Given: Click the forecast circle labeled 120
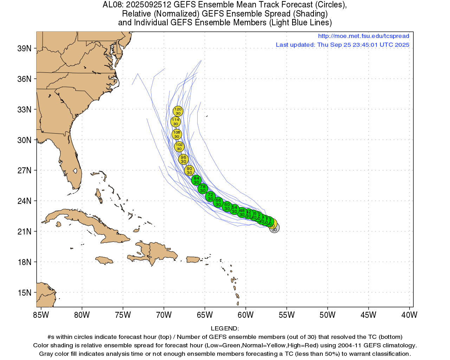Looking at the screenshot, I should click(178, 111).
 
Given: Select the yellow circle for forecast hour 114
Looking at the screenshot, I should click(175, 122).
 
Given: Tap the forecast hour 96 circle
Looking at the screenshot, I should click(183, 159).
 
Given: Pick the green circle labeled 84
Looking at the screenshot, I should click(197, 180).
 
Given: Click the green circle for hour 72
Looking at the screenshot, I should click(210, 197).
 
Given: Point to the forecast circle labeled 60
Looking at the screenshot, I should click(227, 206).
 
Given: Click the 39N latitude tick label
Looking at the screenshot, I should click(24, 49).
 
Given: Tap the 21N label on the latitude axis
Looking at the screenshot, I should click(24, 231).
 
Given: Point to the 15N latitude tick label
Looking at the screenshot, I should click(24, 292).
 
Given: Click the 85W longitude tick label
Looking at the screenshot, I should click(41, 315).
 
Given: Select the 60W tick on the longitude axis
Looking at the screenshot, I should click(246, 315).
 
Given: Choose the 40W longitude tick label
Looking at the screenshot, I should click(409, 315).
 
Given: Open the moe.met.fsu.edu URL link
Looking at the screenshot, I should click(364, 36).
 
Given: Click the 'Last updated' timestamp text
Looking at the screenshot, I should click(342, 45).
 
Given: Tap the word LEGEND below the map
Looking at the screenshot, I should click(225, 328).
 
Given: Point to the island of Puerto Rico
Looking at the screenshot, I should click(193, 259).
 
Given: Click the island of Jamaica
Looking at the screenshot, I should click(104, 260).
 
